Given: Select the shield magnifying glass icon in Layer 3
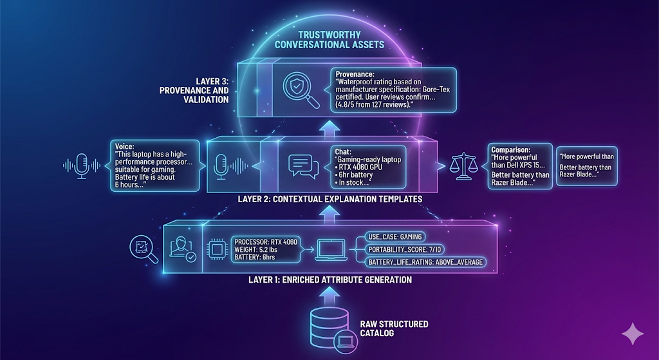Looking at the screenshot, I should pyautogui.click(x=298, y=88).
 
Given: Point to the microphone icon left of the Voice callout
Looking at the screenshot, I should pyautogui.click(x=82, y=164).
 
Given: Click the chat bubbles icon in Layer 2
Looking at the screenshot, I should pyautogui.click(x=301, y=166).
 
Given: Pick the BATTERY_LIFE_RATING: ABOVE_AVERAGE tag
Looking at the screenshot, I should pyautogui.click(x=425, y=261).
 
